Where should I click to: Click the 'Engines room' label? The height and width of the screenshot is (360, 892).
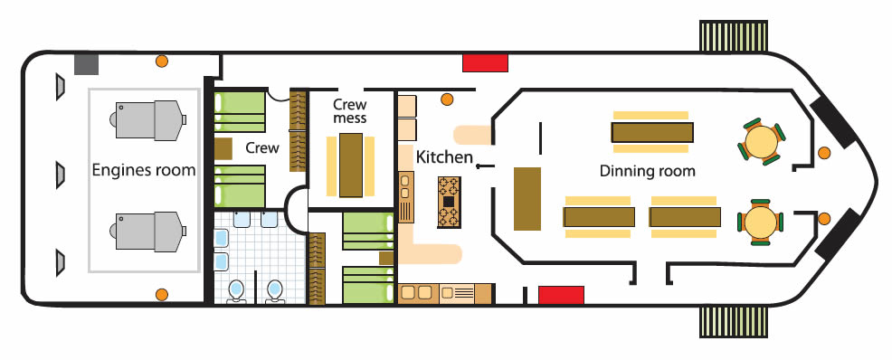(143, 169)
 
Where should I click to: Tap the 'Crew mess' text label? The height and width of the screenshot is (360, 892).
(350, 111)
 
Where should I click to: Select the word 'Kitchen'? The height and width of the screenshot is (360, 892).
(444, 156)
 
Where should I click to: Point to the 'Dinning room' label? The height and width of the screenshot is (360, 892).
(648, 171)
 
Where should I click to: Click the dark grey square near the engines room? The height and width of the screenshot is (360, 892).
(87, 64)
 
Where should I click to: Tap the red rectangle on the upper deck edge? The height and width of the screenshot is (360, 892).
(485, 62)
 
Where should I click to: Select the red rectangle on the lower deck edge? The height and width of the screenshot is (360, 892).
(561, 295)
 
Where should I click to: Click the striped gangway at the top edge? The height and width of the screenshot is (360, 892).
(734, 36)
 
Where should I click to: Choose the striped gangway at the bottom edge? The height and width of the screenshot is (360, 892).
(734, 323)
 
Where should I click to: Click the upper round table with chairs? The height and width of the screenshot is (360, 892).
(761, 141)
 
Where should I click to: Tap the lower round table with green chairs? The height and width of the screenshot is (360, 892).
(760, 223)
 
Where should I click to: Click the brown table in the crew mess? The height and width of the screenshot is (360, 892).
(350, 165)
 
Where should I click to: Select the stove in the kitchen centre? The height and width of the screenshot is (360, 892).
(449, 202)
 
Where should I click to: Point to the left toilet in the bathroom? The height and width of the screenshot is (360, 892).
(235, 290)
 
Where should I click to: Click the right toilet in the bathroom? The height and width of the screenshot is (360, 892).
(275, 290)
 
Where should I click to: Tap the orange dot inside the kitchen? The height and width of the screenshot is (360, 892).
(447, 99)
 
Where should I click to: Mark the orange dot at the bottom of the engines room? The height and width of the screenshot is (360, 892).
(162, 295)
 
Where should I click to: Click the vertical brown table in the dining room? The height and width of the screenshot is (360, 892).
(527, 198)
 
